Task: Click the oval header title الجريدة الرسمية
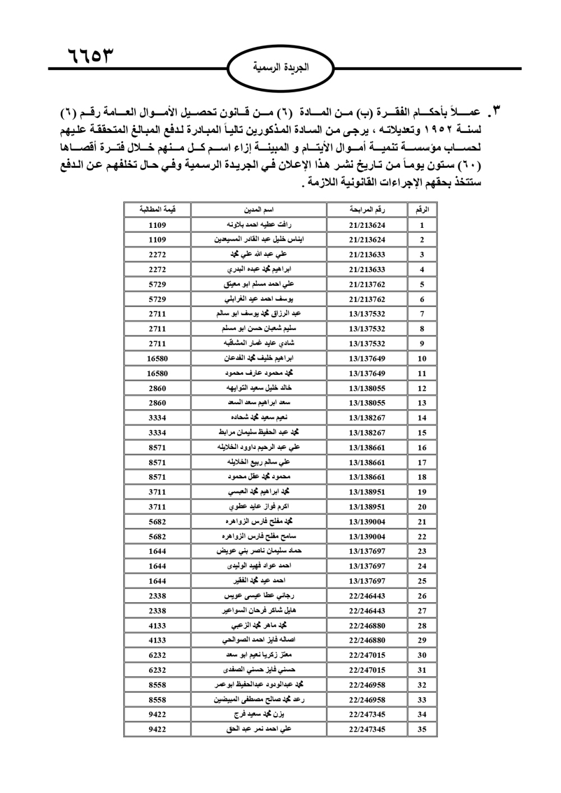click(x=281, y=68)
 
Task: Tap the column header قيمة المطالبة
click(x=158, y=210)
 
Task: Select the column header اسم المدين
click(x=259, y=210)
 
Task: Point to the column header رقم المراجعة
click(x=367, y=210)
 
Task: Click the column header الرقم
click(x=422, y=210)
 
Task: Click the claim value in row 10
click(x=158, y=358)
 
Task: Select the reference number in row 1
click(x=367, y=225)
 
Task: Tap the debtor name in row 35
click(x=259, y=729)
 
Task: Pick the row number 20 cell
click(x=422, y=507)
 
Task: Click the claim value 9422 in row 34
click(x=158, y=714)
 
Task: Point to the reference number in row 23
click(x=367, y=551)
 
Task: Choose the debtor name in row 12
click(x=259, y=388)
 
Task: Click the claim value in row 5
click(x=158, y=285)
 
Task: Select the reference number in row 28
click(x=367, y=625)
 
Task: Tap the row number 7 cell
click(x=422, y=314)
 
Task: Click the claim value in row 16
click(x=158, y=447)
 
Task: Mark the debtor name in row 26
click(x=259, y=595)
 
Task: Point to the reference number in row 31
click(x=367, y=670)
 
